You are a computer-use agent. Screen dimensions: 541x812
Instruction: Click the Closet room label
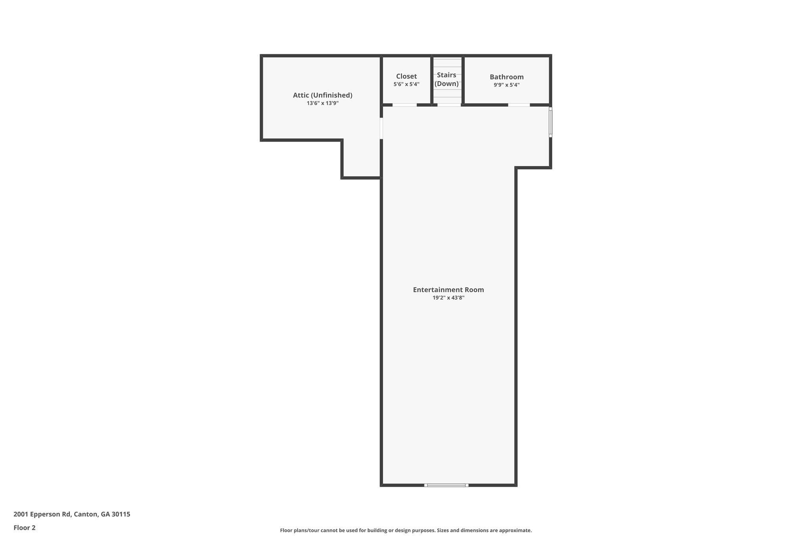pyautogui.click(x=406, y=76)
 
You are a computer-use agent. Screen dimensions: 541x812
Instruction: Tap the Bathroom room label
pyautogui.click(x=506, y=77)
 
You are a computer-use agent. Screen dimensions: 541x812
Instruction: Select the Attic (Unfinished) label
pyautogui.click(x=322, y=95)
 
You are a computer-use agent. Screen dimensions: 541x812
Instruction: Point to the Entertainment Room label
pyautogui.click(x=448, y=290)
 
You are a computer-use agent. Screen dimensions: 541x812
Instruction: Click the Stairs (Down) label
pyautogui.click(x=446, y=79)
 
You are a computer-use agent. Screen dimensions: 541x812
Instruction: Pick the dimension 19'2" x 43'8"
pyautogui.click(x=448, y=298)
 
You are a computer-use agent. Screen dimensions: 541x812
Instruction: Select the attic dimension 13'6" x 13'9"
pyautogui.click(x=322, y=103)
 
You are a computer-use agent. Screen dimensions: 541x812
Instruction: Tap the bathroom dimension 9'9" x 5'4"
pyautogui.click(x=506, y=85)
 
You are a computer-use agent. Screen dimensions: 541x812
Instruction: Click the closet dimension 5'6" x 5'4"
pyautogui.click(x=406, y=84)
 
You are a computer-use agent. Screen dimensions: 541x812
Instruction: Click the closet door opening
pyautogui.click(x=404, y=105)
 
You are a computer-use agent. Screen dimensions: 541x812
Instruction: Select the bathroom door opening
pyautogui.click(x=519, y=105)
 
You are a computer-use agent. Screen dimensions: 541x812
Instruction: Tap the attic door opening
pyautogui.click(x=381, y=128)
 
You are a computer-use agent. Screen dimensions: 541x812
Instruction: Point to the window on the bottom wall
pyautogui.click(x=446, y=485)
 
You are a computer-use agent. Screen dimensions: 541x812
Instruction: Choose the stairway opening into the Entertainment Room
pyautogui.click(x=449, y=105)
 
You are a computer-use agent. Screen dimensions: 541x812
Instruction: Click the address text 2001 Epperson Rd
pyautogui.click(x=42, y=514)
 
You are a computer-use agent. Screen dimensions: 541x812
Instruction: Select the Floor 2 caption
pyautogui.click(x=25, y=528)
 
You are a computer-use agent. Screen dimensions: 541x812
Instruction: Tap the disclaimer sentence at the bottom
pyautogui.click(x=406, y=531)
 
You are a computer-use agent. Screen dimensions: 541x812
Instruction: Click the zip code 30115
pyautogui.click(x=121, y=514)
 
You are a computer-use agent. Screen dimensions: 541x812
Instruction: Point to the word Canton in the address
pyautogui.click(x=86, y=514)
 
